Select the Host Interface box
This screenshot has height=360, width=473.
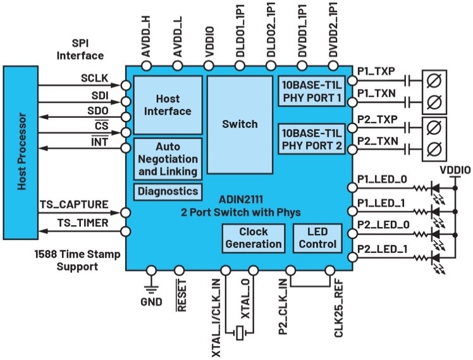point(166,104)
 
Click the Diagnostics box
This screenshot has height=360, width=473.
point(168,191)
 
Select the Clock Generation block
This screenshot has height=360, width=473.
point(253,238)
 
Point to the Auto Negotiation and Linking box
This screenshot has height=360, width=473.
point(168,159)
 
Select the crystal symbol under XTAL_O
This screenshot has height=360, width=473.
point(238,332)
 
